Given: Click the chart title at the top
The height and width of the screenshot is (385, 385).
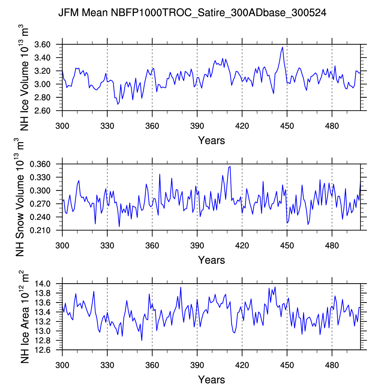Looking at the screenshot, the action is tap(192, 13).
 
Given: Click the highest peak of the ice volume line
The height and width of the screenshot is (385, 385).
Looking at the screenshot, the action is tap(282, 47).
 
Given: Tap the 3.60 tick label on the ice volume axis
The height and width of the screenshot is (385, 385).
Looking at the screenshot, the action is tap(42, 44).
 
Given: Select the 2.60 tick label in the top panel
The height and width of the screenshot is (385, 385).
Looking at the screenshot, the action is tap(42, 111).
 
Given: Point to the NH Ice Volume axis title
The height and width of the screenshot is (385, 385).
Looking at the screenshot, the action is tap(24, 77).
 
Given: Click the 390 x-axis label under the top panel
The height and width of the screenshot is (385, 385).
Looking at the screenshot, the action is tap(197, 126).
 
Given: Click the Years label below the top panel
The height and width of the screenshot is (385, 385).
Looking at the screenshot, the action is tap(211, 140).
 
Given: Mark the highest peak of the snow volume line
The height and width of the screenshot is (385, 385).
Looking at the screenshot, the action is tap(230, 166).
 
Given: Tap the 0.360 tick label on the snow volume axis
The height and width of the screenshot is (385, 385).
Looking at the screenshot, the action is tap(40, 164).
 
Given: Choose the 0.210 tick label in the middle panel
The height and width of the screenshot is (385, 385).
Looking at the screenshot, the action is tap(40, 231).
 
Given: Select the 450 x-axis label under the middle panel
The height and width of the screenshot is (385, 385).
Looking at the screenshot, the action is tap(287, 246).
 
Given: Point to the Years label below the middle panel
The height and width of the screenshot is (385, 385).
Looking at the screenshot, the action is tap(211, 260).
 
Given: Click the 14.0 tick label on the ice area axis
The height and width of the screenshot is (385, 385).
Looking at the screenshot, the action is tap(43, 284).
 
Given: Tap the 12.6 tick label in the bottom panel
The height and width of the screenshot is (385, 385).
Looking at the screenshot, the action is tap(43, 350).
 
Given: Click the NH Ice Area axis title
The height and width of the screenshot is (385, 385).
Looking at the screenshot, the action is tap(24, 317).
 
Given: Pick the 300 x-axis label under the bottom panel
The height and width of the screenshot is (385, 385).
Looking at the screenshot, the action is tap(62, 365).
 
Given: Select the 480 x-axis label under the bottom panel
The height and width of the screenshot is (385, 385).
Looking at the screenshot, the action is tap(332, 365).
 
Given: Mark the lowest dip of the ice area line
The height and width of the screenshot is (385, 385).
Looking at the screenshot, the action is tap(142, 341).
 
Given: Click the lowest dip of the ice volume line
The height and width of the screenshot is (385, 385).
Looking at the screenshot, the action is tap(118, 104).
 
